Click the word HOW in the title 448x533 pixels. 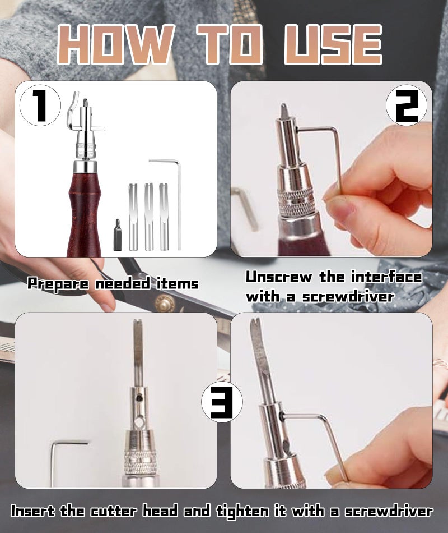(116, 44)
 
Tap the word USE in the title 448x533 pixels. (333, 44)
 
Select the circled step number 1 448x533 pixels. (40, 105)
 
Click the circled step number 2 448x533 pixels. (407, 105)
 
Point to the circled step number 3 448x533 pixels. (222, 402)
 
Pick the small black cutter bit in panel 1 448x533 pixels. (118, 235)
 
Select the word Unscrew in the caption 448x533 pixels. (279, 277)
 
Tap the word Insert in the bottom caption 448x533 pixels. (32, 511)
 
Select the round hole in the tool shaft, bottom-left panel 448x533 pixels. (138, 422)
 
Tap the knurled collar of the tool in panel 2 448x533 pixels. (297, 202)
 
